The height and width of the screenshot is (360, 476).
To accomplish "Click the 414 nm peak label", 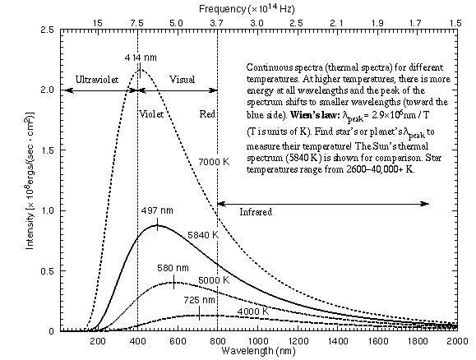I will click(x=140, y=58).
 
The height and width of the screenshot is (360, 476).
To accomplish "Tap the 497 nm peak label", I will click(x=156, y=211).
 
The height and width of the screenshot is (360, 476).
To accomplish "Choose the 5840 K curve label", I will click(x=204, y=234).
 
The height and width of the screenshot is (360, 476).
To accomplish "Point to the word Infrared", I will click(x=257, y=212).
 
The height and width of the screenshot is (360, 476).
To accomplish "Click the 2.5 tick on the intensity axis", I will click(x=49, y=29).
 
